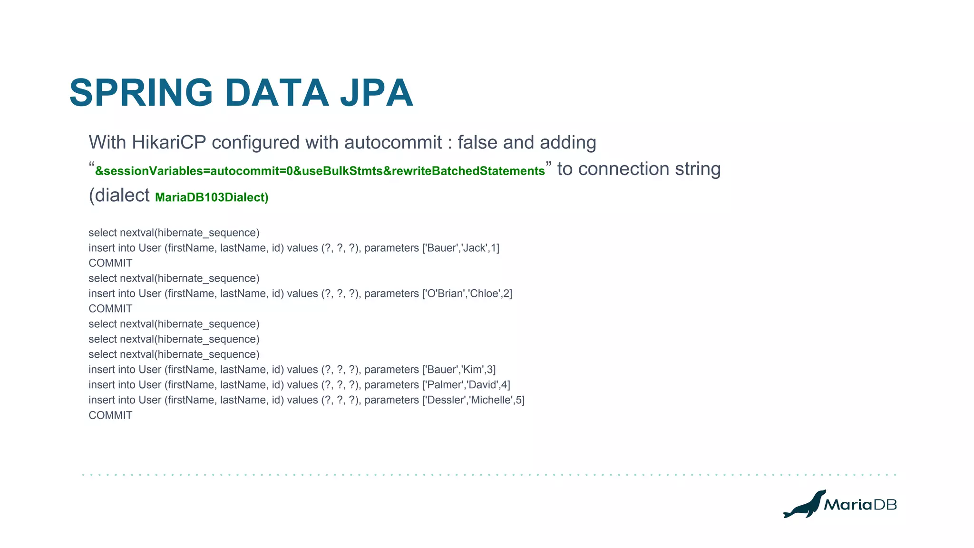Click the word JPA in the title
(x=376, y=93)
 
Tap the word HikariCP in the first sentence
(x=168, y=143)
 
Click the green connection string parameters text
(x=320, y=171)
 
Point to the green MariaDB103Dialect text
(x=212, y=197)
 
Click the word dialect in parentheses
(x=123, y=196)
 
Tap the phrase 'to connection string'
(x=639, y=169)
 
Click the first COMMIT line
(x=110, y=263)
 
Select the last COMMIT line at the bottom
(x=110, y=415)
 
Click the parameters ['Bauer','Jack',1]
(x=460, y=248)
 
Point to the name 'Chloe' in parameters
(x=484, y=294)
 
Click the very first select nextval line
(x=174, y=233)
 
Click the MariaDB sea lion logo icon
(x=804, y=505)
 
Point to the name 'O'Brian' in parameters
(x=446, y=294)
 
